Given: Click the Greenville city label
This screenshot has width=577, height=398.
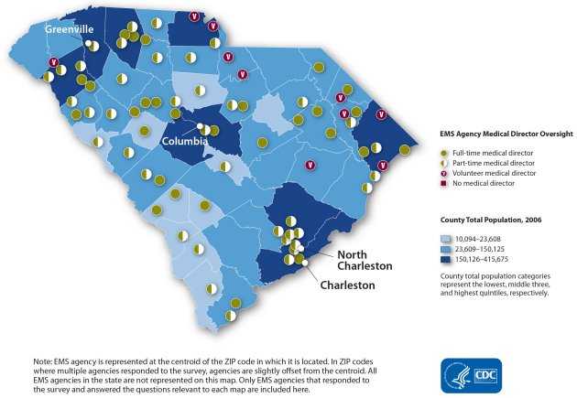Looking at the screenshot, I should click(x=69, y=28).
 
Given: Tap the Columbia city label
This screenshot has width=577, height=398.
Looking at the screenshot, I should click(x=187, y=142).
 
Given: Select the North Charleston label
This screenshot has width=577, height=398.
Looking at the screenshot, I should click(x=365, y=260).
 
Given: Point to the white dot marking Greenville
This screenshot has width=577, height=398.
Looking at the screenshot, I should click(x=89, y=43).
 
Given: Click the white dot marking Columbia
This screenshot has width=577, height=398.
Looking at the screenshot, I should click(x=199, y=125).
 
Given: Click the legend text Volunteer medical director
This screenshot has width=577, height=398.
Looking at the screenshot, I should click(x=495, y=172).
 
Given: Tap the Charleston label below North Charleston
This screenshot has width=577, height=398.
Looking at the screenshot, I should click(x=348, y=285).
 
